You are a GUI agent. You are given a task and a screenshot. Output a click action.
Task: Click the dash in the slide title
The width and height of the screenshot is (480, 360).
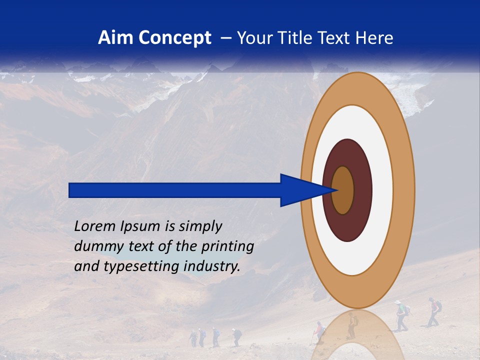coord(226,38)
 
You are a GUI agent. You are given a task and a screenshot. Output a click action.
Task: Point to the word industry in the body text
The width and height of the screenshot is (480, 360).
coord(212,266)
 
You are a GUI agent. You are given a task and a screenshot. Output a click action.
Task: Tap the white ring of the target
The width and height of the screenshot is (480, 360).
coord(382,190)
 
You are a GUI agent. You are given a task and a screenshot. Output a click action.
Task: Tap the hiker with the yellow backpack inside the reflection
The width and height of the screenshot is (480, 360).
coord(352,325)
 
